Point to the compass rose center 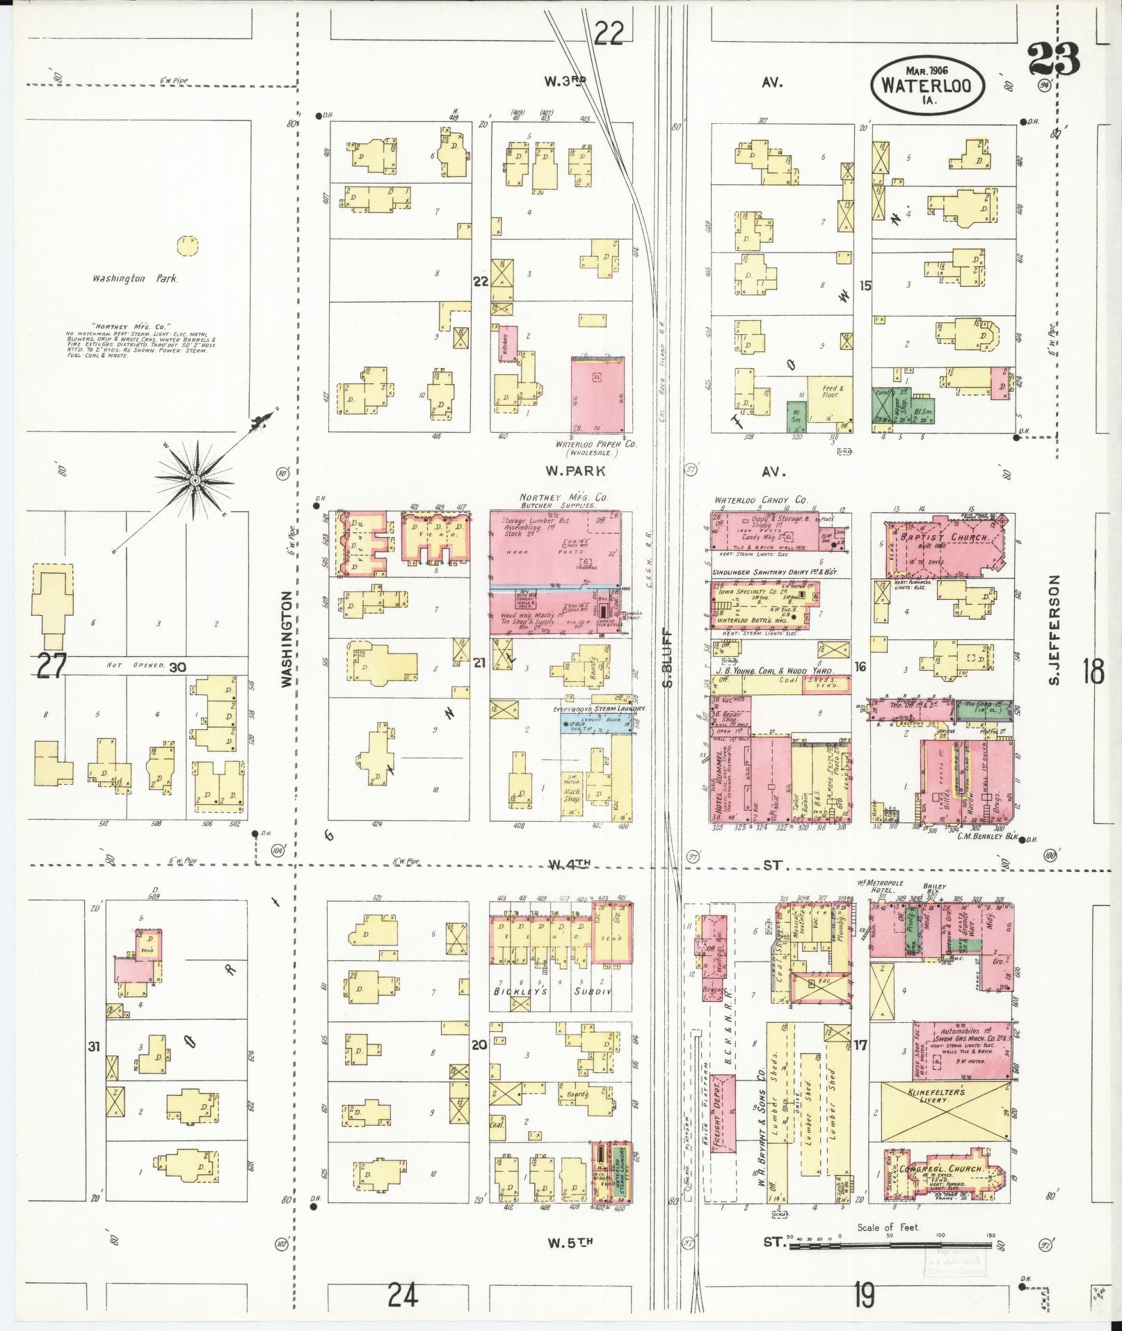tap(195, 480)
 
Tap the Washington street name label tap(286, 640)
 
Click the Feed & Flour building tap(832, 398)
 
